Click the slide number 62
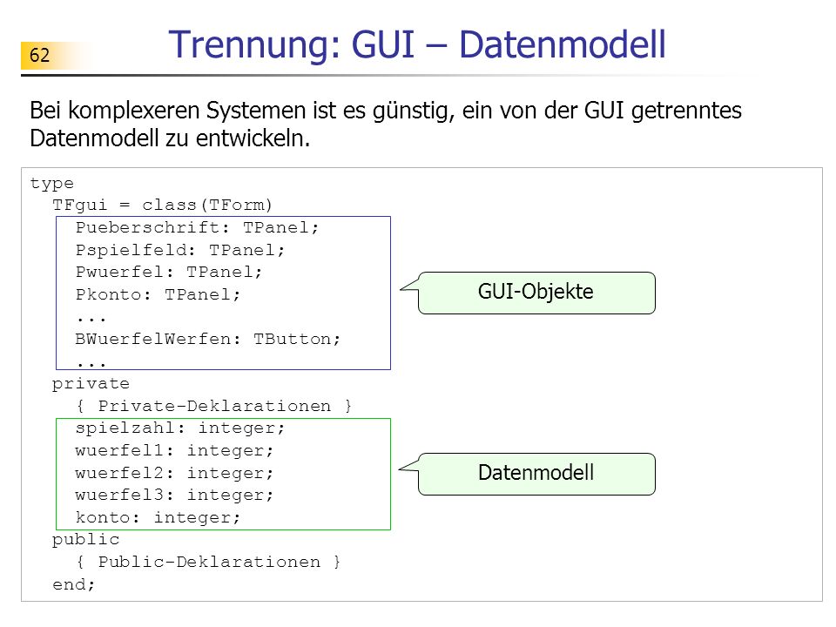tap(39, 55)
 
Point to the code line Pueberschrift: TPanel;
tap(197, 228)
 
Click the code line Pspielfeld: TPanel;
tap(179, 251)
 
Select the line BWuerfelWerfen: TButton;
tap(207, 339)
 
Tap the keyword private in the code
tap(91, 384)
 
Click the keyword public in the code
tap(85, 540)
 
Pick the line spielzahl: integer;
tap(179, 428)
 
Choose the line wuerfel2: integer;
tap(174, 473)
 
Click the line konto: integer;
tap(158, 517)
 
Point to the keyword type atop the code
tap(51, 184)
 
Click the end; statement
tap(73, 584)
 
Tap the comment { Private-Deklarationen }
tap(214, 407)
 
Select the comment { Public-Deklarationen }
tap(208, 562)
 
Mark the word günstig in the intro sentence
tap(413, 111)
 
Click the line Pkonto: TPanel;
tap(158, 295)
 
